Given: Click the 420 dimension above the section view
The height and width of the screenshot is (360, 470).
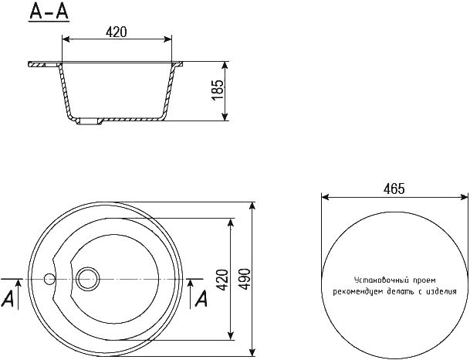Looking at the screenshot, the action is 117,32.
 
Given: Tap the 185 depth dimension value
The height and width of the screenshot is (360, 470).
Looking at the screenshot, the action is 218,90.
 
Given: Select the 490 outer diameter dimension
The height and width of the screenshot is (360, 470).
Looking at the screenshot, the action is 245,279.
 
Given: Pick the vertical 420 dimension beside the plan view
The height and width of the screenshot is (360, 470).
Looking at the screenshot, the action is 222,280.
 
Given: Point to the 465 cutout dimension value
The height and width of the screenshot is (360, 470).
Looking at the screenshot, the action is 394,188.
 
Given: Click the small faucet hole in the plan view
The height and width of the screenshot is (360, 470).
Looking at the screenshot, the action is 49,279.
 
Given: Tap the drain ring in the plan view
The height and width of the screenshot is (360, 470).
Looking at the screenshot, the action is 87,279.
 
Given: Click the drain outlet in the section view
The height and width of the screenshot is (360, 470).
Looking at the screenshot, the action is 89,121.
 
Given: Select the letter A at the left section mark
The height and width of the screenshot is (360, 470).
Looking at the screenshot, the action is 8,298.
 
